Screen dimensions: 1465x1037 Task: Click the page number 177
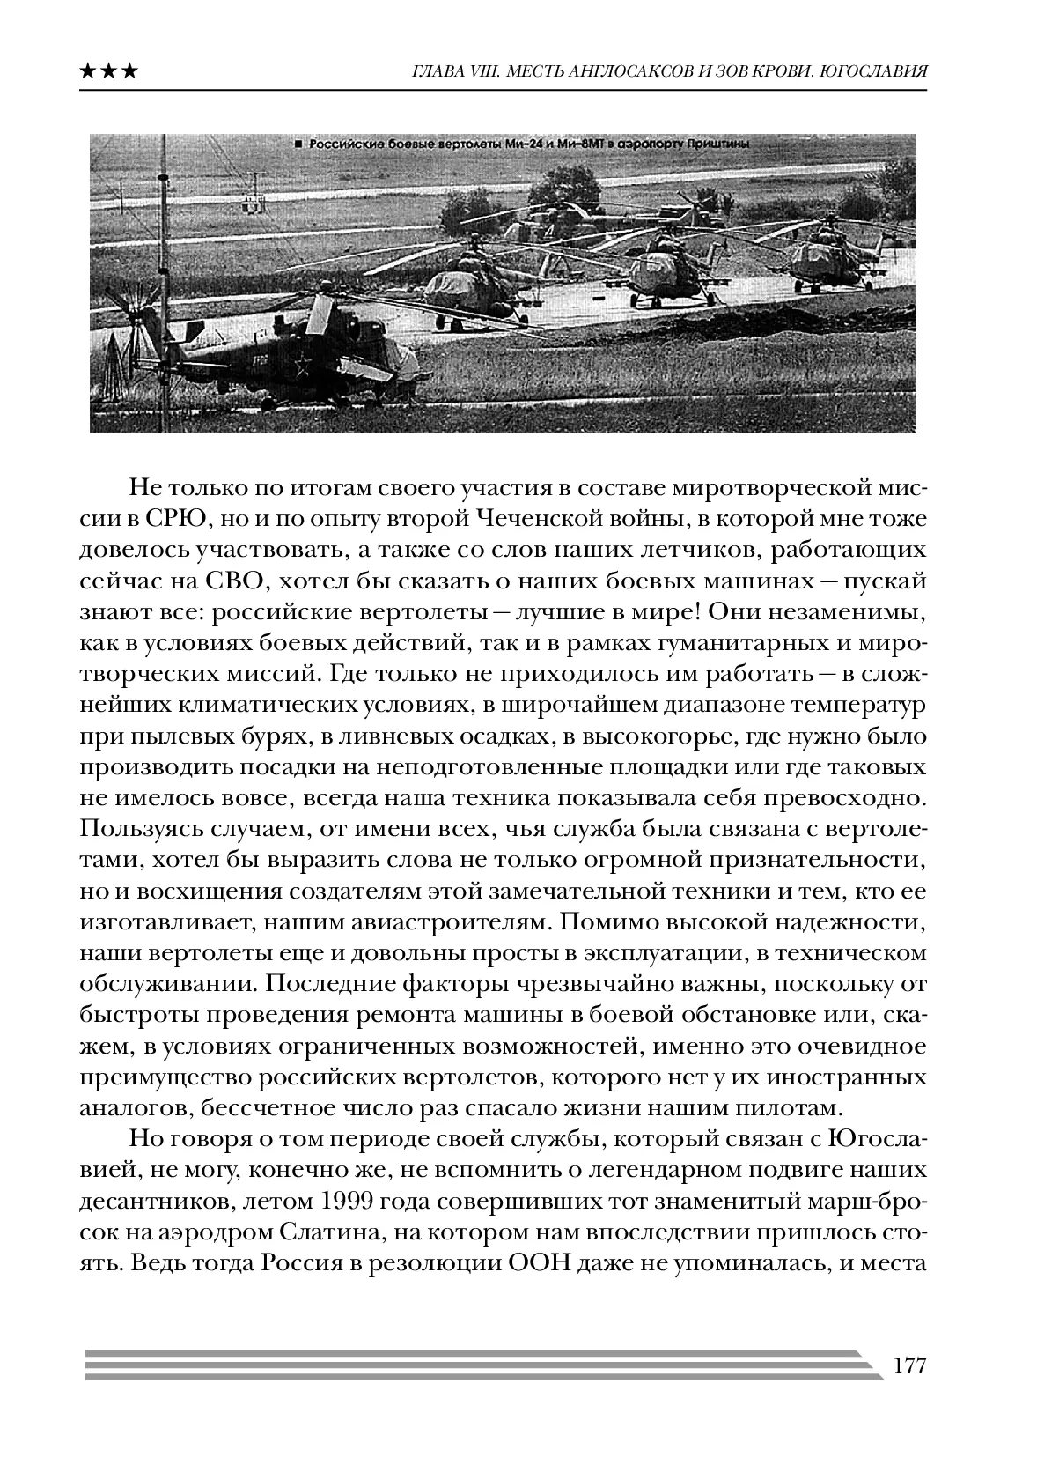click(x=909, y=1365)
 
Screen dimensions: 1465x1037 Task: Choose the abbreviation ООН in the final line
click(x=536, y=1263)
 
